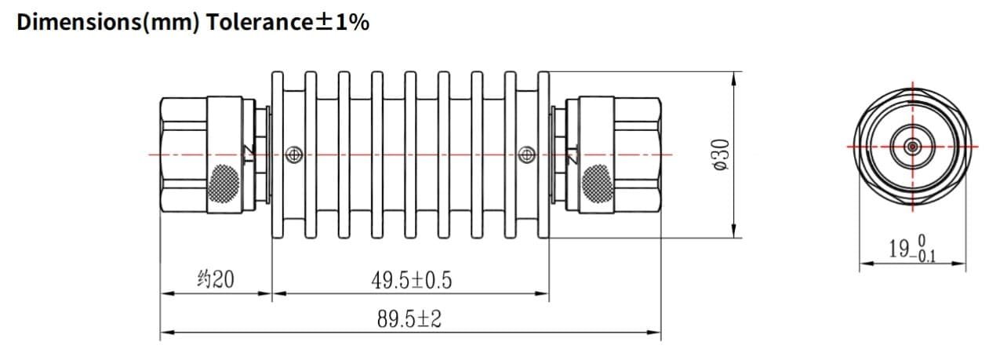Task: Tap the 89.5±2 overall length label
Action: [x=409, y=319]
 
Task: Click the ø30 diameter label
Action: [x=721, y=155]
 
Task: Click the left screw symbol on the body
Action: [x=294, y=155]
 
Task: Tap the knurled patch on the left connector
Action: [x=225, y=182]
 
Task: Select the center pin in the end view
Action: [x=912, y=147]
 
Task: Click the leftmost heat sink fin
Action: [x=277, y=155]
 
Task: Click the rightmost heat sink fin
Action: [x=543, y=155]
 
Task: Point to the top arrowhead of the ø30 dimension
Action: [x=734, y=77]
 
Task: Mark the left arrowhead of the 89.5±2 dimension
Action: [x=165, y=333]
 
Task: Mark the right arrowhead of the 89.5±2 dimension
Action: [x=656, y=333]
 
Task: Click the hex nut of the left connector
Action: [x=182, y=155]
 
